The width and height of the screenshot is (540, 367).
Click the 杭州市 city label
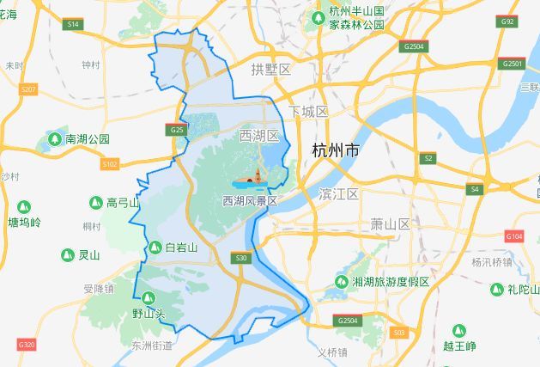pyautogui.click(x=336, y=150)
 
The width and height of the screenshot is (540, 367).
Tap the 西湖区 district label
pyautogui.click(x=259, y=137)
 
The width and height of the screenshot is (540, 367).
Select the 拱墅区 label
pyautogui.click(x=272, y=69)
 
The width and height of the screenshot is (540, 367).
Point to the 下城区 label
pyautogui.click(x=308, y=113)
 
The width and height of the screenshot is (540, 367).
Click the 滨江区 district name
pyautogui.click(x=337, y=193)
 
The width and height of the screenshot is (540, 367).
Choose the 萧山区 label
pyautogui.click(x=390, y=223)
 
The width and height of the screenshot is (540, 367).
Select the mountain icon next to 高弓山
pyautogui.click(x=96, y=203)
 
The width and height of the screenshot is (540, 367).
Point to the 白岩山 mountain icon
pyautogui.click(x=155, y=248)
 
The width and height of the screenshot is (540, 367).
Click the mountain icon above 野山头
pyautogui.click(x=148, y=297)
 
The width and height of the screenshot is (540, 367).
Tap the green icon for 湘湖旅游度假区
pyautogui.click(x=342, y=282)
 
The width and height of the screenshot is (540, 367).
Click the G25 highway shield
pyautogui.click(x=176, y=130)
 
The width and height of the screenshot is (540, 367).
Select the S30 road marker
pyautogui.click(x=241, y=257)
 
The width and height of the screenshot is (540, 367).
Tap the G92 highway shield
pyautogui.click(x=507, y=21)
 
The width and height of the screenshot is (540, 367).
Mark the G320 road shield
pyautogui.click(x=27, y=345)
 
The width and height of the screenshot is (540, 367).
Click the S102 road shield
pyautogui.click(x=109, y=163)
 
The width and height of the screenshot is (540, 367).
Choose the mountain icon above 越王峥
pyautogui.click(x=458, y=331)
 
